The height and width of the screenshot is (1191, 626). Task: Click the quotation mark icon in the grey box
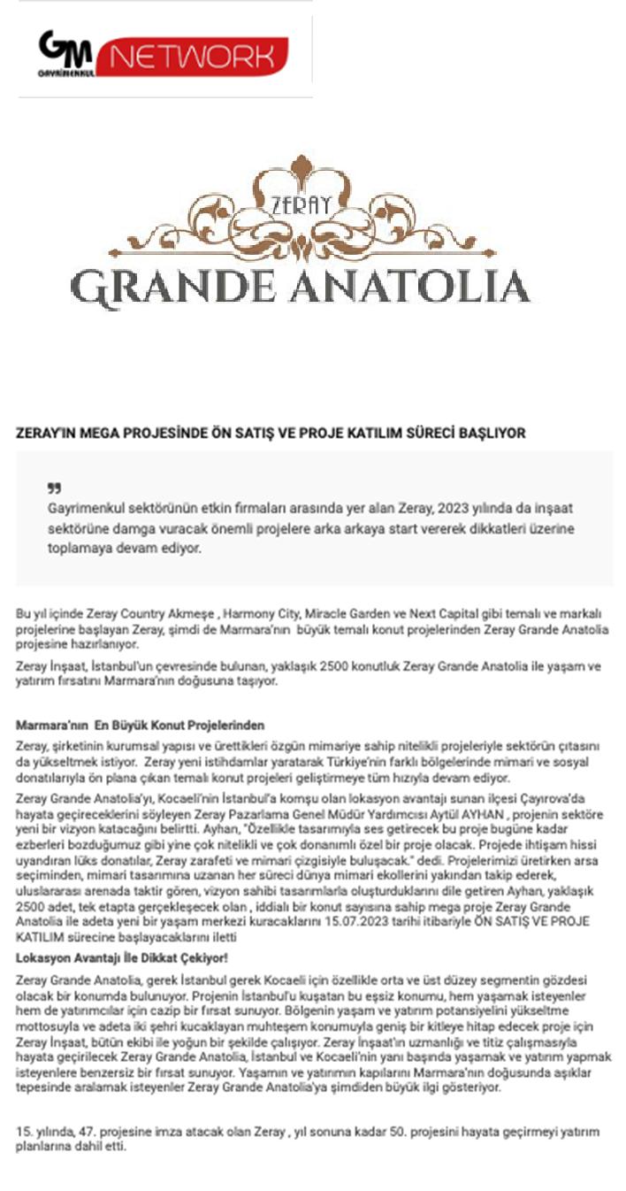54,488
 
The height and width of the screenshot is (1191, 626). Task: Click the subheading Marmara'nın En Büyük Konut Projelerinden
141,726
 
